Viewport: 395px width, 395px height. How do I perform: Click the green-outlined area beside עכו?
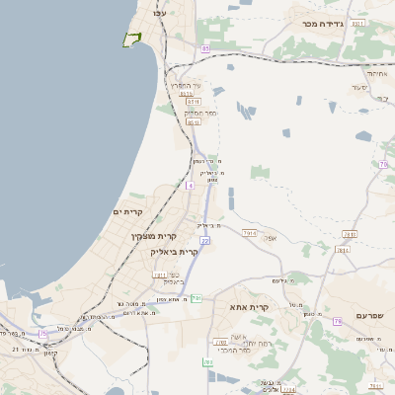click(x=130, y=39)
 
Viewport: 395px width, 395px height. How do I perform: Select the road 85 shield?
click(x=204, y=47)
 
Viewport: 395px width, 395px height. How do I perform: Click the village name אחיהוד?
click(x=378, y=72)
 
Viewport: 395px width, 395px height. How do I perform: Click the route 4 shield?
click(x=190, y=185)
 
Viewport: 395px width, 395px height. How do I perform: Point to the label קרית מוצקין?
click(x=152, y=237)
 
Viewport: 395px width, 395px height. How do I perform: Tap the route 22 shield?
click(x=204, y=240)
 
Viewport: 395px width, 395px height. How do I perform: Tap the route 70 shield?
click(x=383, y=166)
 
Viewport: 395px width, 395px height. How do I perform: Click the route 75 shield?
click(x=42, y=334)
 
